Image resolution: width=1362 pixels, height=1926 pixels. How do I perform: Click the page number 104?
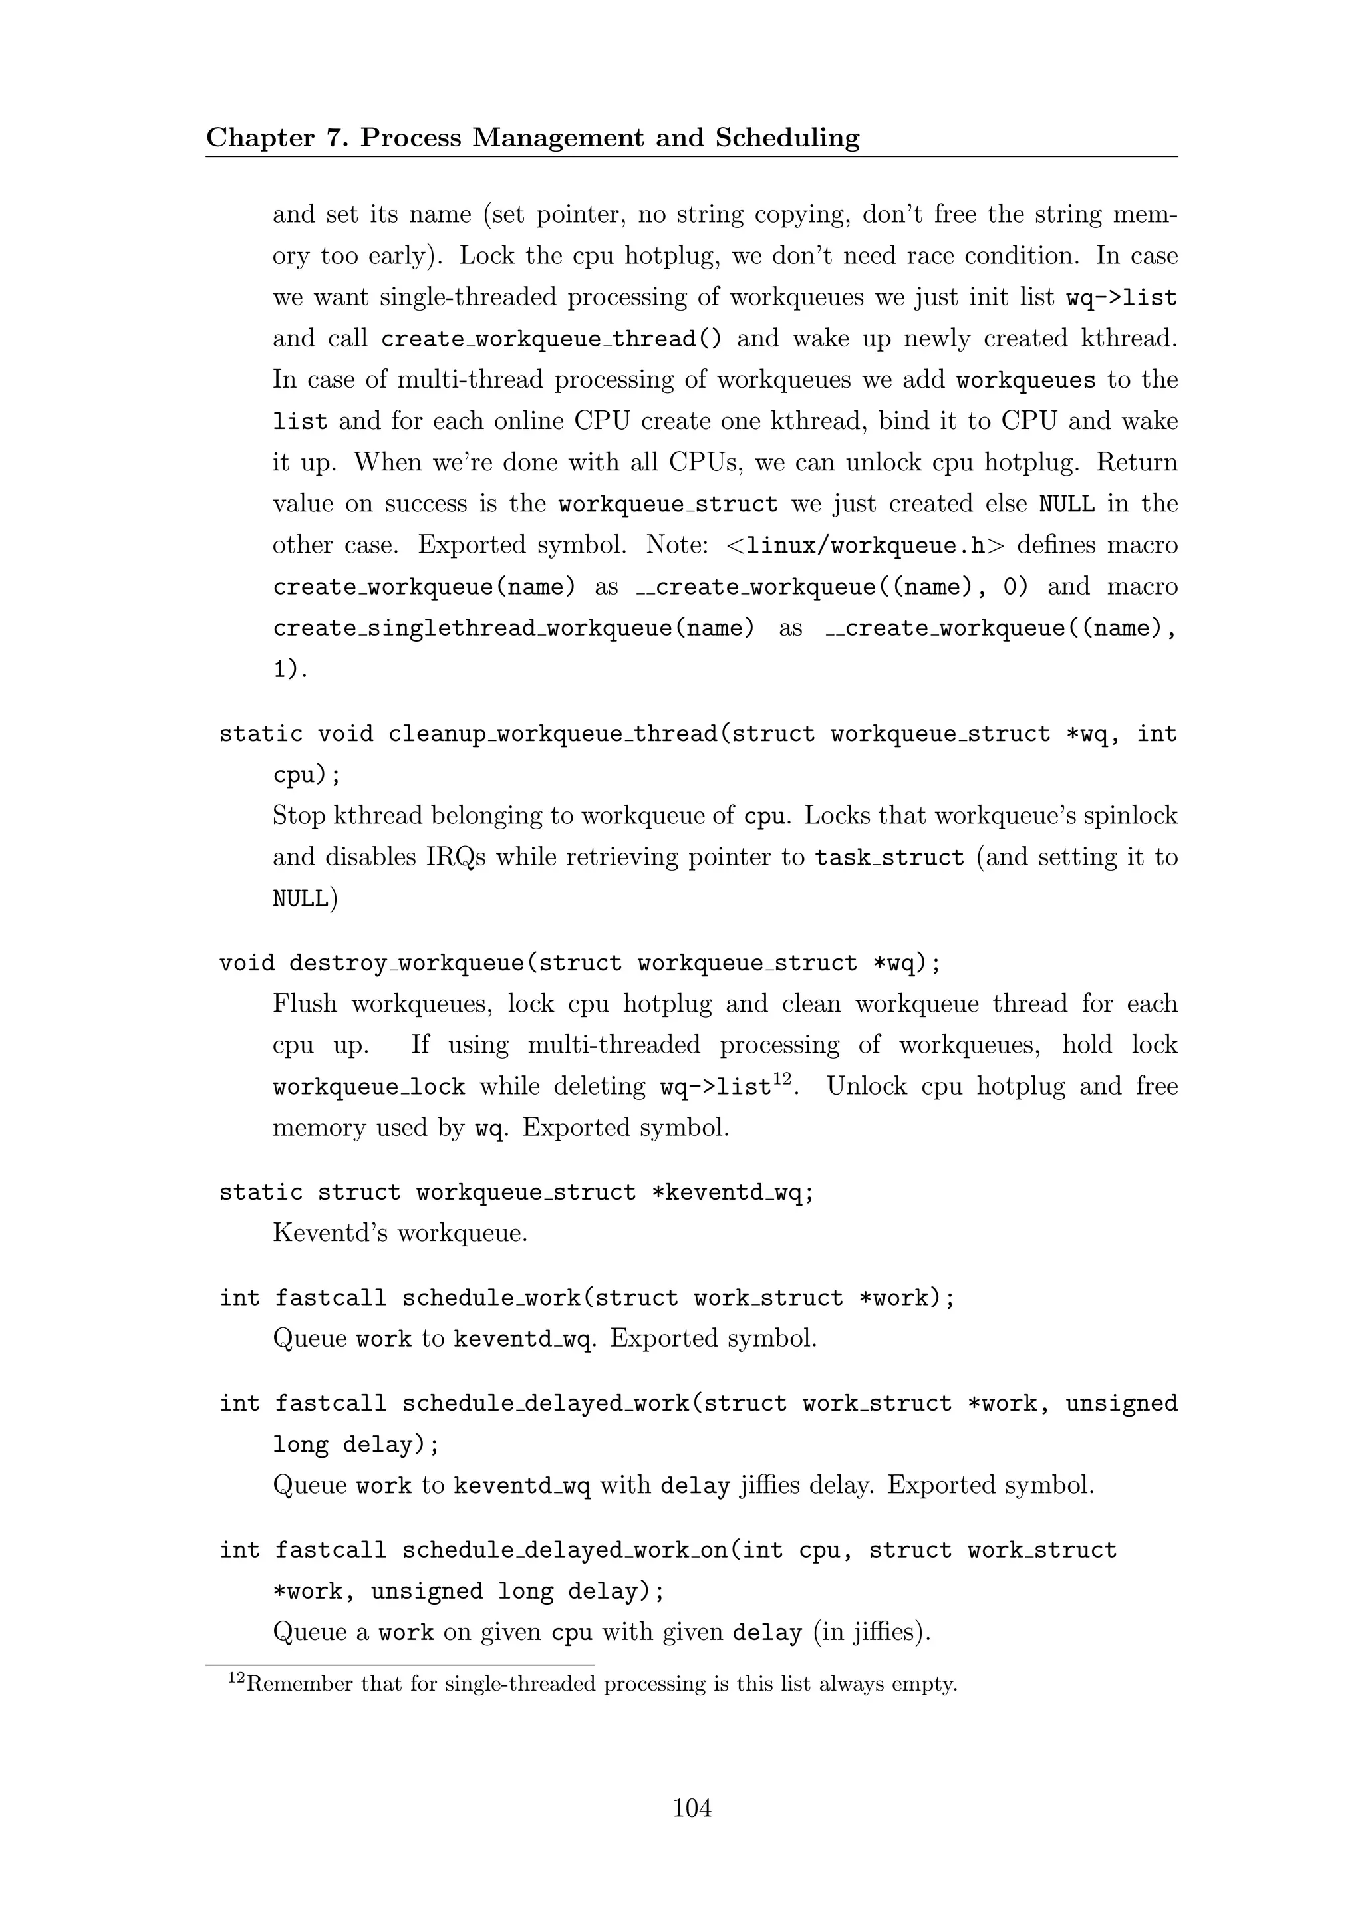tap(692, 1808)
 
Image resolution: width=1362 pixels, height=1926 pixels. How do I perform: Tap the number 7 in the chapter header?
tap(334, 138)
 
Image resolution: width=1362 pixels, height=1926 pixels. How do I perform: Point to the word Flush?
tap(305, 1004)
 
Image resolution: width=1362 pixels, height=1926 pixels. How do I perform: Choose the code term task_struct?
tap(889, 858)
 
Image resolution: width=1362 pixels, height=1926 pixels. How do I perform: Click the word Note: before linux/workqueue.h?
tap(678, 545)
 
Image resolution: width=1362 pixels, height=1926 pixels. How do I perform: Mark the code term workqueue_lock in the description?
tap(369, 1087)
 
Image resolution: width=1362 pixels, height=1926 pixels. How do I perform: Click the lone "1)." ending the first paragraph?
tap(290, 670)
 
